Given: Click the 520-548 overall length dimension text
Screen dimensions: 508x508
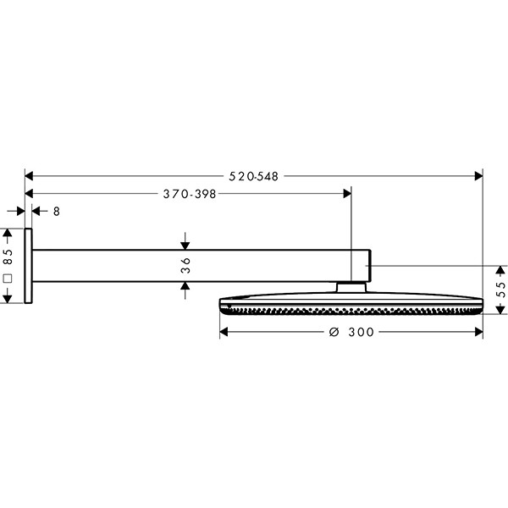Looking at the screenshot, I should [x=253, y=176].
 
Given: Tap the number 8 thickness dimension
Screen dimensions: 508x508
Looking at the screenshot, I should [x=57, y=212].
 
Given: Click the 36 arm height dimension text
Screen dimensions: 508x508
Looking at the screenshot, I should [x=185, y=265].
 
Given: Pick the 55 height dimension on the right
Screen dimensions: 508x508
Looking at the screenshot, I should [x=500, y=287].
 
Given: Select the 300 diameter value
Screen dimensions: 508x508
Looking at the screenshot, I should [x=361, y=333].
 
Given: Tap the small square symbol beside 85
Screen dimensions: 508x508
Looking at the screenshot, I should [x=8, y=278].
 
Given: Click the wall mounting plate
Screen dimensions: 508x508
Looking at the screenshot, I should [x=29, y=265].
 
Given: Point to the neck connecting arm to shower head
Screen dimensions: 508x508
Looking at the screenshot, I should [x=351, y=287].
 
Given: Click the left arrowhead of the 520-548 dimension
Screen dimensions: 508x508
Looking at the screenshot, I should [x=28, y=176].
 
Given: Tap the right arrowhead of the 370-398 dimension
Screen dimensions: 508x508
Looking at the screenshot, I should [x=346, y=194].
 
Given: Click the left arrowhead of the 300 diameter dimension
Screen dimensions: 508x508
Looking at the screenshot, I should [x=224, y=333].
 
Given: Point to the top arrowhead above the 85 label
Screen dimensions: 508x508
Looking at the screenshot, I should [x=8, y=232].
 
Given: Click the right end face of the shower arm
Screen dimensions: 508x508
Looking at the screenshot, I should [x=370, y=265].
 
